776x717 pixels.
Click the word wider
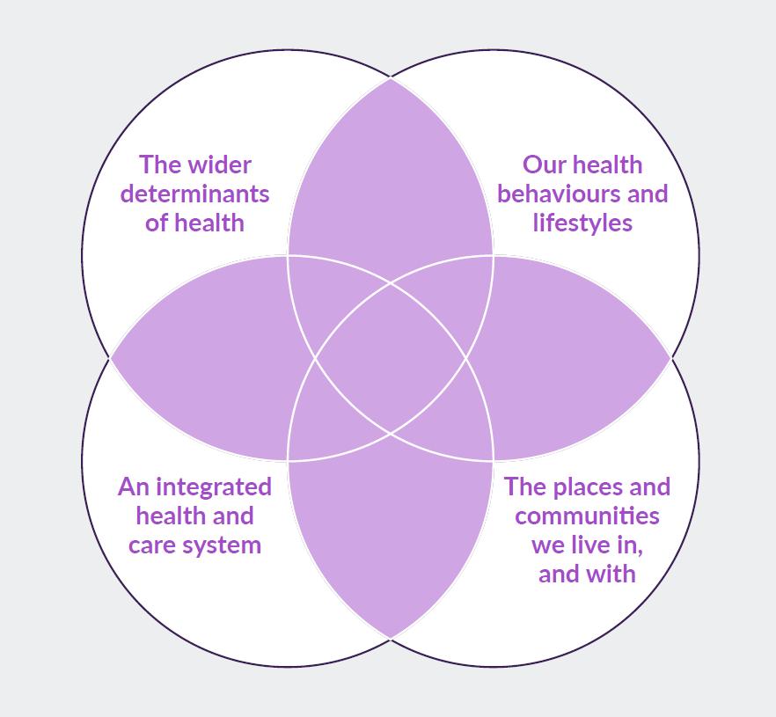(x=220, y=165)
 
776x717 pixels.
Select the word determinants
(x=194, y=194)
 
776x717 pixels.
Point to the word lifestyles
(x=582, y=223)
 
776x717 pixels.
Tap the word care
(x=150, y=545)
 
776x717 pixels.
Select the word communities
(x=587, y=516)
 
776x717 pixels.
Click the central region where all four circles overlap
(x=391, y=358)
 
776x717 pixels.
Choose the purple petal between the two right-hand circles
(x=576, y=358)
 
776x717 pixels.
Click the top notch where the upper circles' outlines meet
(x=391, y=78)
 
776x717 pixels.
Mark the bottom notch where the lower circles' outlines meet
(x=391, y=638)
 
